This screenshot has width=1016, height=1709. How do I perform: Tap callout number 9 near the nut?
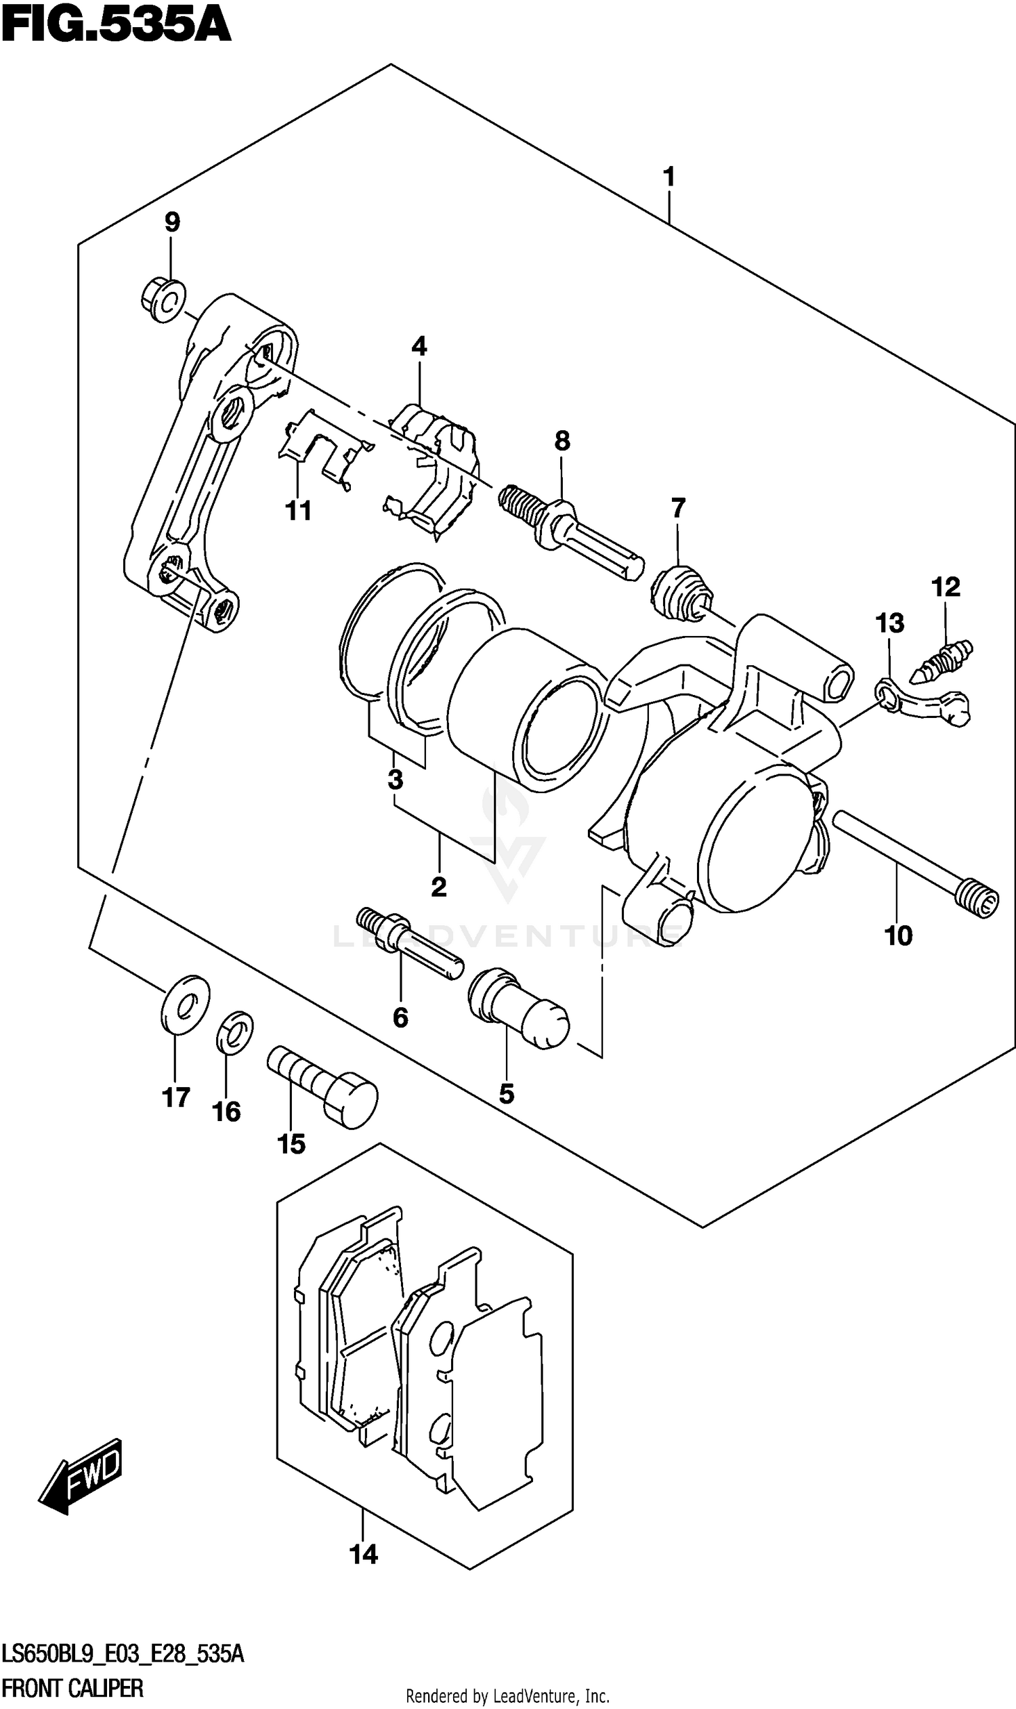pyautogui.click(x=172, y=222)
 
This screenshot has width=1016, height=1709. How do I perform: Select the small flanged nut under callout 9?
pyautogui.click(x=164, y=299)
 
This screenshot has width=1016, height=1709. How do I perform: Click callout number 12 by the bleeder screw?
pyautogui.click(x=946, y=587)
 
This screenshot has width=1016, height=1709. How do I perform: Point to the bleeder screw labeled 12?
pyautogui.click(x=941, y=660)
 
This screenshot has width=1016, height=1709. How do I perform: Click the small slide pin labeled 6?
pyautogui.click(x=409, y=942)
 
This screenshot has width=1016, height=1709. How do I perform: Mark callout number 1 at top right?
pyautogui.click(x=669, y=177)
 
